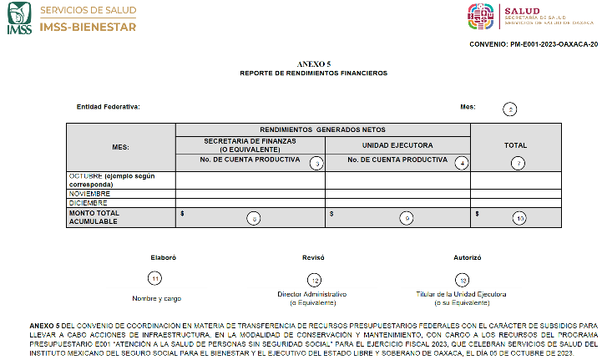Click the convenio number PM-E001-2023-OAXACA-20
(x=534, y=43)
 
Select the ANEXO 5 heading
(x=308, y=64)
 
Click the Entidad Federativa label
(x=108, y=107)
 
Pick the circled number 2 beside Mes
(x=509, y=109)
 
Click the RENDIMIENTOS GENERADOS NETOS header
(x=322, y=129)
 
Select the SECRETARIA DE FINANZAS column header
(x=250, y=146)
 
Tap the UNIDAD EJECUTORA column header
(x=397, y=145)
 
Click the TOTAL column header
(x=515, y=145)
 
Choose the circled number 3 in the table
(x=316, y=163)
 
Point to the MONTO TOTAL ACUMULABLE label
(x=94, y=217)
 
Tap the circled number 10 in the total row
(x=519, y=218)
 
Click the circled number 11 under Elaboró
(x=154, y=278)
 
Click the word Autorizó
(x=467, y=258)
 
